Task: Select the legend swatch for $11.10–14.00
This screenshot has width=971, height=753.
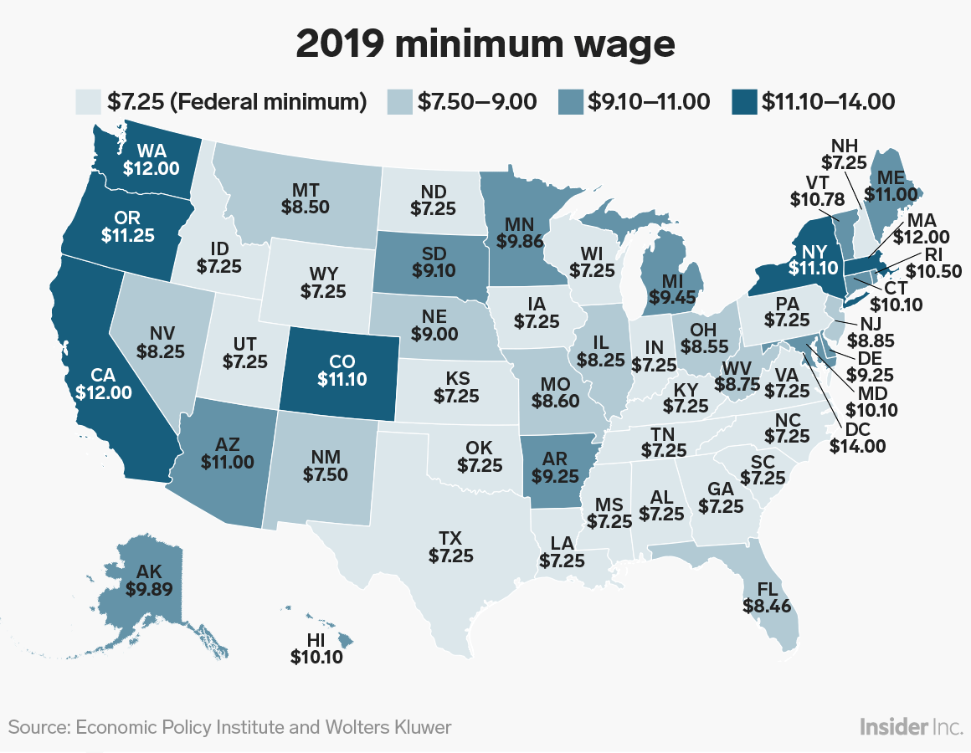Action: tap(745, 102)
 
